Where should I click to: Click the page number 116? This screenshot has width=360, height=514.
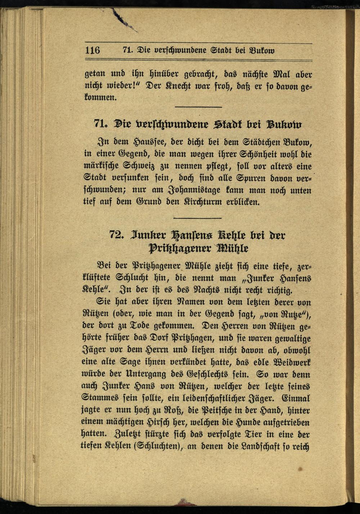coord(93,50)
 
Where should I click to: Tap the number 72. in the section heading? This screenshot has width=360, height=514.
coord(117,235)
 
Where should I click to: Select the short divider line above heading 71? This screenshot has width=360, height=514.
coord(198,107)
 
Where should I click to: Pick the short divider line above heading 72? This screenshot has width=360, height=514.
coord(197,218)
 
